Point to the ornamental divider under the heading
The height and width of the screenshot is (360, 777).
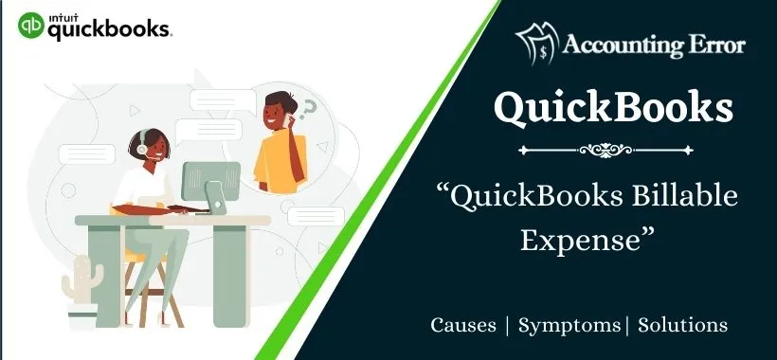tap(612, 149)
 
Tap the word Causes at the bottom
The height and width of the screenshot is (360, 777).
tap(463, 325)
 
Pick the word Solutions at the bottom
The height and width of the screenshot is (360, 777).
tap(683, 325)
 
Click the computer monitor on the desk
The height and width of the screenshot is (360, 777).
tap(210, 181)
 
